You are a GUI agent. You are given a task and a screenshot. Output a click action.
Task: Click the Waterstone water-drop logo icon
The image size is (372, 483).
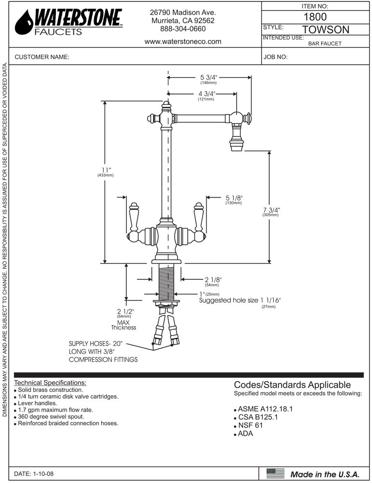(x=24, y=23)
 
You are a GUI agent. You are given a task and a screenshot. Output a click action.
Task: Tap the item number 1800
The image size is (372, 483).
(x=315, y=16)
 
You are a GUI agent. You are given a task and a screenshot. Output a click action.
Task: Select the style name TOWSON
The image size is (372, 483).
(x=325, y=29)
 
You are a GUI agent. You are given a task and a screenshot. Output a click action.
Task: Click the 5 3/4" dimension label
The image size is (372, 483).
(x=209, y=77)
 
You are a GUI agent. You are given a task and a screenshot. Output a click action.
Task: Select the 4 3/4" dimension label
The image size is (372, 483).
(x=206, y=93)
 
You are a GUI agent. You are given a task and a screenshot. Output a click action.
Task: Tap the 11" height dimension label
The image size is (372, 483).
(x=106, y=170)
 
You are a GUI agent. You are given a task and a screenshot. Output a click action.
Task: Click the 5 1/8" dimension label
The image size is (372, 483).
(x=234, y=198)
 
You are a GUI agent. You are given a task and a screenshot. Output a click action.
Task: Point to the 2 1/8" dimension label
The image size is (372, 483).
(x=213, y=279)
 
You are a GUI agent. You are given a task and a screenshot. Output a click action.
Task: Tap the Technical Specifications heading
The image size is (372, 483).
(x=51, y=383)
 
